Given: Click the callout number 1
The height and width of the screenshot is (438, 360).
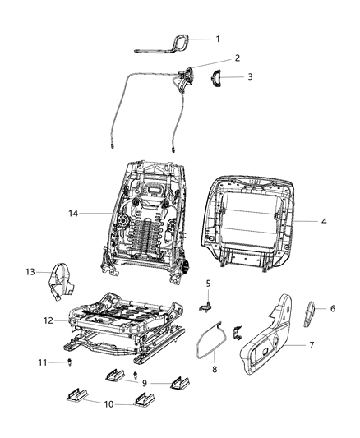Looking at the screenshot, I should point(217,39).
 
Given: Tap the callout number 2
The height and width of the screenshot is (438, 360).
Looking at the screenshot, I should point(215,58).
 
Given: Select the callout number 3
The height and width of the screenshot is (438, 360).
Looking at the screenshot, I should point(249,76).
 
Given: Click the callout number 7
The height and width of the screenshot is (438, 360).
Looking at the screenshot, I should point(311,345).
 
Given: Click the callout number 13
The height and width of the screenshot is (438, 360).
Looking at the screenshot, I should point(30,272).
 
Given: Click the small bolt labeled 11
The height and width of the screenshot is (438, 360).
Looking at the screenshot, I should point(72,362).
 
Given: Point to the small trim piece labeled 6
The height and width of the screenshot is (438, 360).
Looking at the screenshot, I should point(313,313).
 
